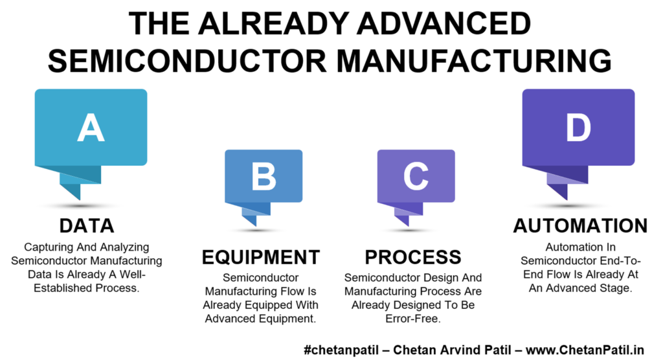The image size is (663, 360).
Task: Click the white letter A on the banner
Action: coord(91,128)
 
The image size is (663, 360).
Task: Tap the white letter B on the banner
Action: coord(264,175)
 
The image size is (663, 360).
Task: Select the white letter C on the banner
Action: coord(416,175)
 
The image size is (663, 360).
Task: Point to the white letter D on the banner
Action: coord(578,128)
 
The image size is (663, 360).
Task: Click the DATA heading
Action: coord(87,225)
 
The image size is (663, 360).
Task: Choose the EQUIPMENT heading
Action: coord(261,257)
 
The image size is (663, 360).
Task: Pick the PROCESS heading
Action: coord(413,257)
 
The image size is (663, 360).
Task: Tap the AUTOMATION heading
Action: coord(581,225)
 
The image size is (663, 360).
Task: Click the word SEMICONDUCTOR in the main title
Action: coord(187,60)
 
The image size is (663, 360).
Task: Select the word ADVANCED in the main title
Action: coord(444,23)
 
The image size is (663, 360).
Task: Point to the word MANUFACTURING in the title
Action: coord(474,60)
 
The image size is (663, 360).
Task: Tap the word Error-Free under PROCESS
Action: coord(412,319)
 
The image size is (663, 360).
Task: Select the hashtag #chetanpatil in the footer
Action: coord(341,350)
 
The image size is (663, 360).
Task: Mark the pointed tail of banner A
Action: coord(79,199)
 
